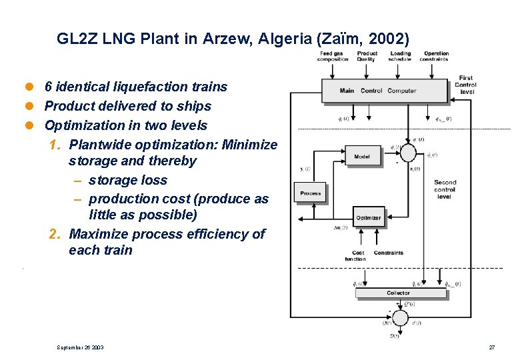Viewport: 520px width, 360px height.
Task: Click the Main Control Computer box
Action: pos(384,91)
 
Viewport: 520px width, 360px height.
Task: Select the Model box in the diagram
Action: pos(362,157)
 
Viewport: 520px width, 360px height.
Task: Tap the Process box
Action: pos(310,193)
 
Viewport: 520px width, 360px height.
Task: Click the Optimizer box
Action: pos(369,217)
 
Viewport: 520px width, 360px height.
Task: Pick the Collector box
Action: pos(398,293)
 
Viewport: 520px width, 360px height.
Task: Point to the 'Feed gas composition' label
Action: pos(333,57)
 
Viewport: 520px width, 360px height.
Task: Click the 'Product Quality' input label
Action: pos(367,57)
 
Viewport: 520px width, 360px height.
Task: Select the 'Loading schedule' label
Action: pos(400,57)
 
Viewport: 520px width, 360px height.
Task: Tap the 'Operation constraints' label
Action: pos(436,57)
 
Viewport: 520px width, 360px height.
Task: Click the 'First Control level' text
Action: pos(465,85)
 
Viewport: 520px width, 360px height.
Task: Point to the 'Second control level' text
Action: pos(445,189)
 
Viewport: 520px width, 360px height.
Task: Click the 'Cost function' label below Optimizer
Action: pos(355,256)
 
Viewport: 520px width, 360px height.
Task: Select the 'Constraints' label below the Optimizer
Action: pos(389,253)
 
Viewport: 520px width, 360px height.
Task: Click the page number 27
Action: pos(491,347)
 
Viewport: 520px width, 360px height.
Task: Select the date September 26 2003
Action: pos(80,347)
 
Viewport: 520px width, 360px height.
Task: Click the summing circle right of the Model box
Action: pos(409,153)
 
